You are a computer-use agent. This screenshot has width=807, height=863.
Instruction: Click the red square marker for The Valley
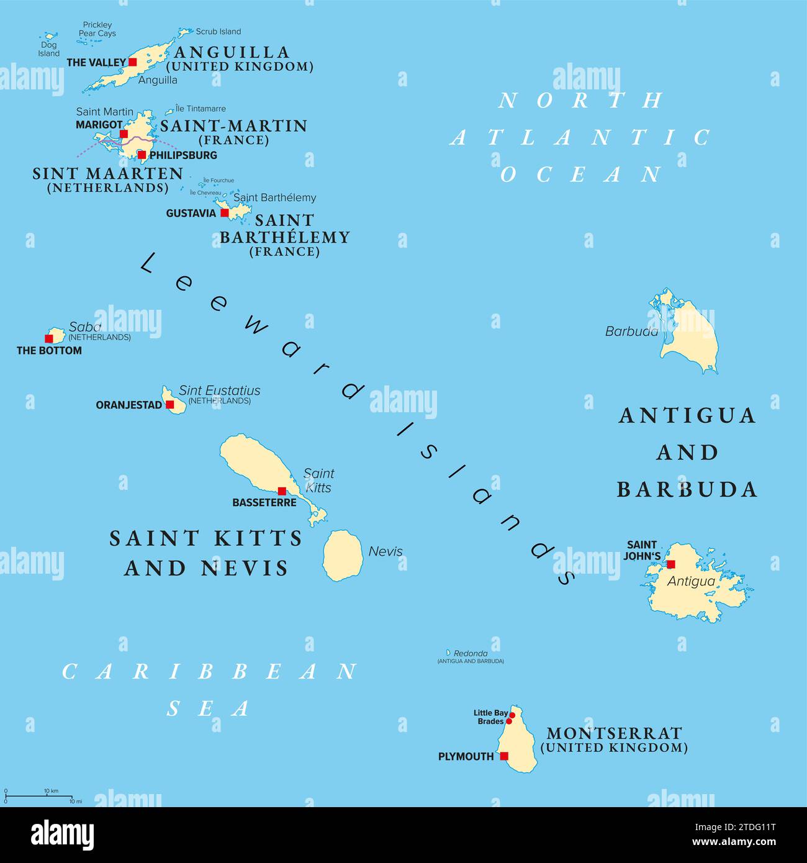[x=132, y=62]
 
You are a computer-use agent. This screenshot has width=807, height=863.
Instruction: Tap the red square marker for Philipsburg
[x=142, y=155]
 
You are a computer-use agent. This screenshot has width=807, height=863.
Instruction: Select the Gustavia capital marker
[x=225, y=213]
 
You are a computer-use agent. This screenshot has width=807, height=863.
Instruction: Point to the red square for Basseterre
[x=282, y=490]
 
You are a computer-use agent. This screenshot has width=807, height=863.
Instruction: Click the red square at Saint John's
[x=670, y=564]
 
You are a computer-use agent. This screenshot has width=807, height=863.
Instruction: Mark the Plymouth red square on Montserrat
[x=504, y=756]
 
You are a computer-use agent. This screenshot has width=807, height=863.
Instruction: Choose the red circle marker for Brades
[x=509, y=721]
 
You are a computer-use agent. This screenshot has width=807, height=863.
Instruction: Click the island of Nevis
[x=343, y=555]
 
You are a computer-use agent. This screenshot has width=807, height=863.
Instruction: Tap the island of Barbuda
[x=692, y=338]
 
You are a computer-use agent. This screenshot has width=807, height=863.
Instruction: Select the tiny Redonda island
[x=448, y=653]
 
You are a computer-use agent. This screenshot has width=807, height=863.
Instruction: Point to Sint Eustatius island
[x=174, y=402]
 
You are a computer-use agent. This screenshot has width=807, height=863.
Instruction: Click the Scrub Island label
[x=218, y=32]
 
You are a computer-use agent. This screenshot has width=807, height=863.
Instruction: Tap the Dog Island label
[x=48, y=49]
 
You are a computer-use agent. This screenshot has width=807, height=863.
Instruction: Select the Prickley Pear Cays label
[x=97, y=29]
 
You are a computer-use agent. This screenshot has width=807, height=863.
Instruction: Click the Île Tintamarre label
[x=201, y=109]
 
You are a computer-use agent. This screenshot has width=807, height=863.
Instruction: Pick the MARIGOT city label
[x=99, y=125]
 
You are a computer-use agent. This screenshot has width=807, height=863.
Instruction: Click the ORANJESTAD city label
[x=128, y=405]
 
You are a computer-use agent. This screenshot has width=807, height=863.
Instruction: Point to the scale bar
[x=38, y=795]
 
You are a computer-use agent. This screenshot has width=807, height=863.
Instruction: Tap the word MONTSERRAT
[x=613, y=733]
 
